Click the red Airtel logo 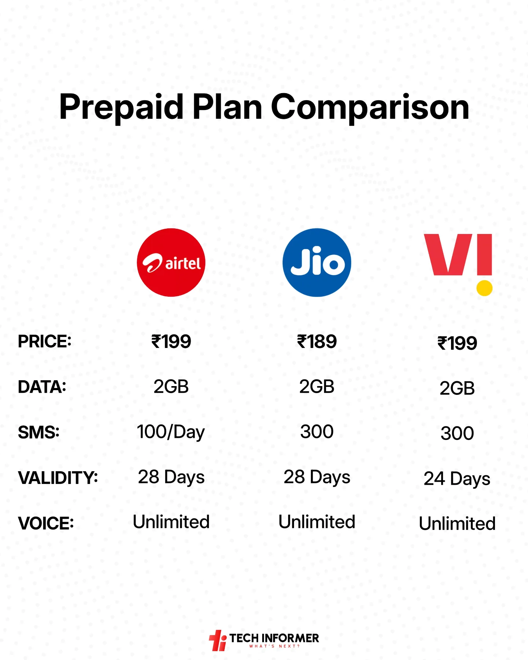pos(171,263)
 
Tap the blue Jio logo pos(317,263)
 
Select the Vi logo pos(458,264)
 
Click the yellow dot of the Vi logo pos(484,288)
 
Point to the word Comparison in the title pos(370,107)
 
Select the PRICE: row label pos(44,342)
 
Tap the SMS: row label pos(38,432)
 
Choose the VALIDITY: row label pos(58,478)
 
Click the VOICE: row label pos(46,523)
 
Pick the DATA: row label pos(42,387)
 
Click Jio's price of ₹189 pos(317,342)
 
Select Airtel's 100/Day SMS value pos(171,432)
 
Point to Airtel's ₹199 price pos(171,342)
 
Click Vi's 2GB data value pos(457,388)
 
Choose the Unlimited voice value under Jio pos(317,522)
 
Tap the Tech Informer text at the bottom pos(274,638)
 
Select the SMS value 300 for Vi pos(457,433)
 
